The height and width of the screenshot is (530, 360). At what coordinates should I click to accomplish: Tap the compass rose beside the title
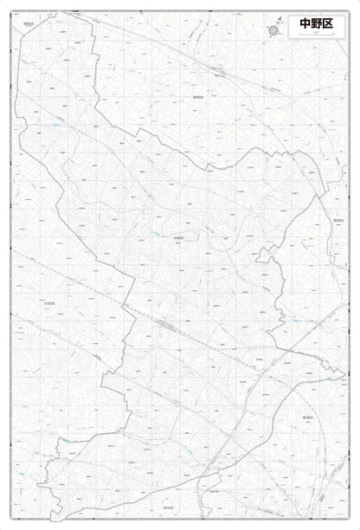[x=275, y=31]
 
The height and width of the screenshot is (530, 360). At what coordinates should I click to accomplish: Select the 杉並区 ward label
[x=48, y=302]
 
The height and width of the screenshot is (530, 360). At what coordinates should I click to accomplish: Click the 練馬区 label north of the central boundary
[x=196, y=99]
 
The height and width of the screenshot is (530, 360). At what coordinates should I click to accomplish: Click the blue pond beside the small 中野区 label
[x=157, y=235]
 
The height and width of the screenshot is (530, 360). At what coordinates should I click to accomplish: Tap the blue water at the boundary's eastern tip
[x=330, y=378]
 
